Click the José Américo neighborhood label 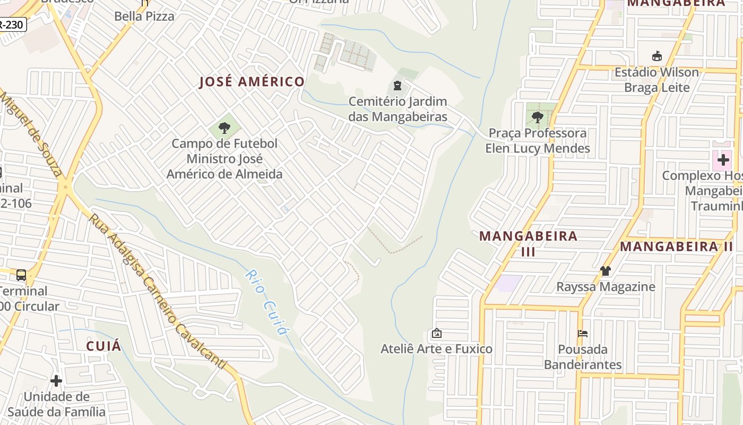(x=252, y=82)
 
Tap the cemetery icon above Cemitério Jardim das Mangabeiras (x=397, y=86)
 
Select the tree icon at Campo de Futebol (x=224, y=127)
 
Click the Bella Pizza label (x=144, y=16)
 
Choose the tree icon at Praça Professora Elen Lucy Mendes (x=537, y=117)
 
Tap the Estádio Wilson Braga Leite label (x=656, y=80)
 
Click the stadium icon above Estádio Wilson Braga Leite (x=656, y=56)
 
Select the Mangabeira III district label (x=528, y=243)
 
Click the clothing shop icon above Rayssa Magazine (x=606, y=271)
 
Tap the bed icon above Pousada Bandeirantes (x=583, y=334)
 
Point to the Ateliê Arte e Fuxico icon (x=436, y=334)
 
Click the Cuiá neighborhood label (x=103, y=346)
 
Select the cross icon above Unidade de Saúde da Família (x=56, y=381)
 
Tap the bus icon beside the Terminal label (x=21, y=275)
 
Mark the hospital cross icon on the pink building (x=723, y=159)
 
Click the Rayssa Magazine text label (x=606, y=287)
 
